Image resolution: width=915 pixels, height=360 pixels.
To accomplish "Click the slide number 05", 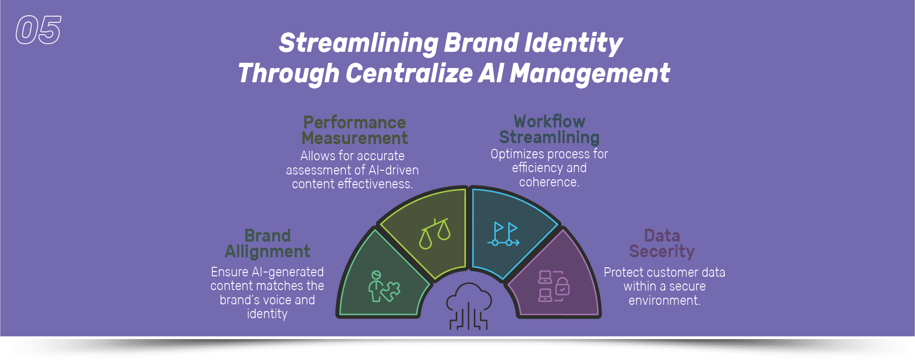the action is click(x=39, y=30).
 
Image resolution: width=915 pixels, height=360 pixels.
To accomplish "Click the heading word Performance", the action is click(x=354, y=123).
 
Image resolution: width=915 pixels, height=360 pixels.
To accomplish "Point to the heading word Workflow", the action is click(x=550, y=121).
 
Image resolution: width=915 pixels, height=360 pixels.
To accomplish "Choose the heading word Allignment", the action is click(x=267, y=252).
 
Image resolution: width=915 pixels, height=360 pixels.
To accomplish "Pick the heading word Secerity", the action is click(x=662, y=252).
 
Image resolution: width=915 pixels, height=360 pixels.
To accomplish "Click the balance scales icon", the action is click(x=435, y=233).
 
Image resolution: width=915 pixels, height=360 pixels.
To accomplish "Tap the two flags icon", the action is click(x=503, y=234).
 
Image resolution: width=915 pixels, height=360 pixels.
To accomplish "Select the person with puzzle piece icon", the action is click(x=384, y=286).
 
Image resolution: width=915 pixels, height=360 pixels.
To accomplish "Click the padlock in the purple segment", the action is click(x=562, y=286).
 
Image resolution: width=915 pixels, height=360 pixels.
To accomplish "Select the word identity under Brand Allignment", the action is click(x=267, y=314).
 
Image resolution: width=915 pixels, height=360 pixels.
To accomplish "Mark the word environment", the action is click(x=664, y=301).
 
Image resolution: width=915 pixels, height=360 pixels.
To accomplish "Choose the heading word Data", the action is click(x=662, y=235).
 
